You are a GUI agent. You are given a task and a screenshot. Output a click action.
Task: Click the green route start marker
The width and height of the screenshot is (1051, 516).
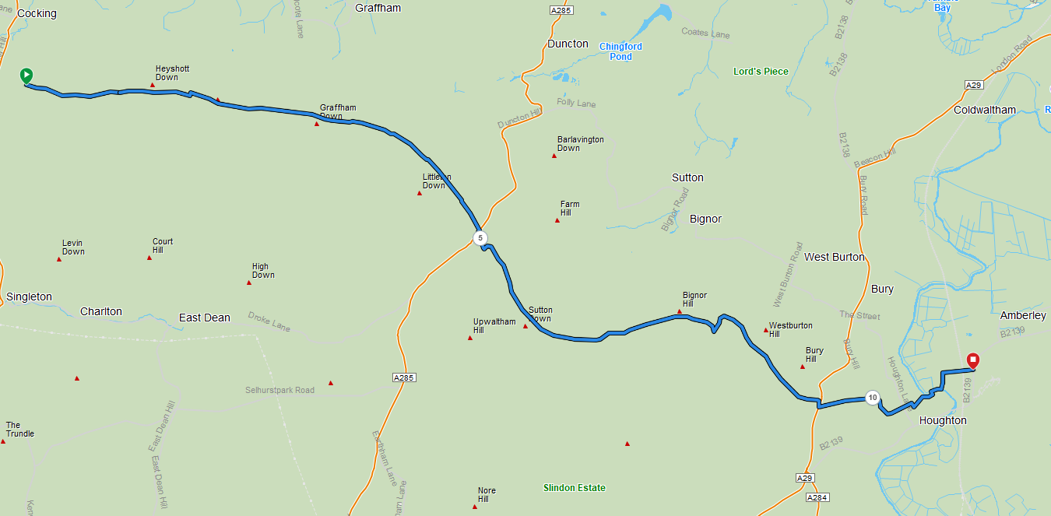[x=26, y=75]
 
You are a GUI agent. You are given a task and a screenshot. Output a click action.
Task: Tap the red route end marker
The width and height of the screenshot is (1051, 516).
[x=972, y=360]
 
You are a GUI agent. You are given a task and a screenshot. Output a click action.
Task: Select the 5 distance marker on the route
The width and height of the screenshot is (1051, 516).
[x=480, y=237]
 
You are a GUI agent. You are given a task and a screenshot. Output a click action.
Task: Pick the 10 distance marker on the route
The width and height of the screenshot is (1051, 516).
[x=873, y=398]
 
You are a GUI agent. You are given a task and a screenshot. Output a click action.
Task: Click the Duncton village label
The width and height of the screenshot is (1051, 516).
[x=568, y=44]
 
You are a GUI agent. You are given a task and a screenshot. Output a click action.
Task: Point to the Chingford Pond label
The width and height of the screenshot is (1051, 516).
[x=620, y=51]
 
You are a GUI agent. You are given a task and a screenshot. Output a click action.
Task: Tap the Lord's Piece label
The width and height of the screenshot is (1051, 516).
[x=761, y=72]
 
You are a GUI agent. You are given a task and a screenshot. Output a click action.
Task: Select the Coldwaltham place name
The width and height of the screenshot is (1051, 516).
[x=985, y=110]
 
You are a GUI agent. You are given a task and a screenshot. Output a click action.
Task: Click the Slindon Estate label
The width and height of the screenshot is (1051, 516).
[x=574, y=488]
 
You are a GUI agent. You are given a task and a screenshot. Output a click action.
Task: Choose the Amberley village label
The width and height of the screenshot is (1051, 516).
[x=1023, y=315]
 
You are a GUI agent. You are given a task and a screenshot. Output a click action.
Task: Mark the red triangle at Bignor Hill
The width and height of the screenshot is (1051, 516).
[x=680, y=312]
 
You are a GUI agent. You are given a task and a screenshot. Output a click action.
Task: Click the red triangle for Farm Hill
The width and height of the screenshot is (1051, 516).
[x=557, y=221]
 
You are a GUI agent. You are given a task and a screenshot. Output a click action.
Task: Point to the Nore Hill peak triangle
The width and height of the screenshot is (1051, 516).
[x=475, y=507]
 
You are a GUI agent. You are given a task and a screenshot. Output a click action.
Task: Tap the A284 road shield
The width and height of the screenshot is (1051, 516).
[x=816, y=497]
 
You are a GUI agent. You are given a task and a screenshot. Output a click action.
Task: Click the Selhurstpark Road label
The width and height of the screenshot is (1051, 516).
[x=279, y=390]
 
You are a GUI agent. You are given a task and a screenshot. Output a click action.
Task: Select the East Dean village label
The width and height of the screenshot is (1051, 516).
[x=205, y=318]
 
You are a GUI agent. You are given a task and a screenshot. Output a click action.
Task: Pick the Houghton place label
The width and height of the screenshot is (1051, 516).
[x=943, y=420]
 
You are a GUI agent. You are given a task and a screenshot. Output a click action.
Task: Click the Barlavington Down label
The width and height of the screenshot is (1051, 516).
[x=580, y=144]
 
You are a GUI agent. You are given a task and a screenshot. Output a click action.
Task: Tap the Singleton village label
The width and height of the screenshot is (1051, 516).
[x=29, y=297]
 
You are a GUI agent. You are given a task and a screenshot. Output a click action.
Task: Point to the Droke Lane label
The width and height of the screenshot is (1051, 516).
[x=269, y=322]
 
